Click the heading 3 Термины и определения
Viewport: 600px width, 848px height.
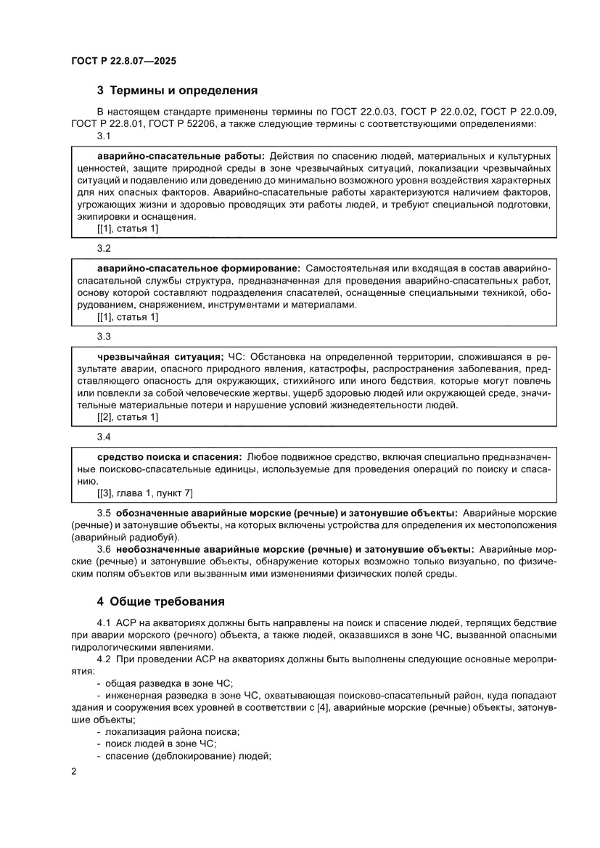click(178, 91)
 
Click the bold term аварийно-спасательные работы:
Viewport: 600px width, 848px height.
click(181, 156)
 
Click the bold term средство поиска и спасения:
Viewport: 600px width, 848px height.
click(169, 457)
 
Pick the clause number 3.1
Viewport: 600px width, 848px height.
click(103, 136)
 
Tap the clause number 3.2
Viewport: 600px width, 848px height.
click(103, 249)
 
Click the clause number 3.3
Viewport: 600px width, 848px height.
click(103, 337)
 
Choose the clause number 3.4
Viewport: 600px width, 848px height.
click(103, 437)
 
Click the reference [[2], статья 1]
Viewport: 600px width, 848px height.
click(128, 416)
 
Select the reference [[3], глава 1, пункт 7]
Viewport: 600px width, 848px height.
click(145, 493)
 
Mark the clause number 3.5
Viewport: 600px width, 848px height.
click(103, 513)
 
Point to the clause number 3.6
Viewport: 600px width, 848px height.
click(103, 550)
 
